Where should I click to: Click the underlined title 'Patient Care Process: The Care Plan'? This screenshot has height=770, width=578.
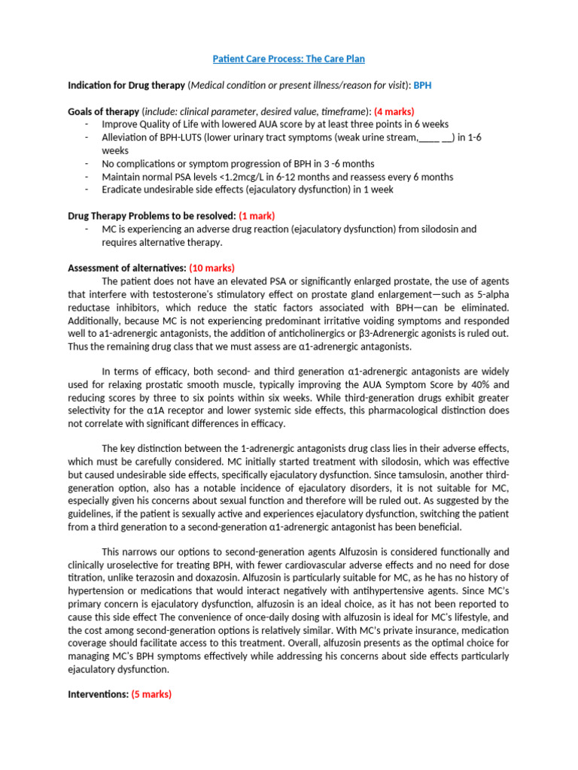tap(288, 59)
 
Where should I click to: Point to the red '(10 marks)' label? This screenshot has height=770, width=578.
tap(211, 268)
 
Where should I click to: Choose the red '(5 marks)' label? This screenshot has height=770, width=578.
tap(151, 695)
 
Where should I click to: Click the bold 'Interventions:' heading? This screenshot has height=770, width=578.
tap(98, 695)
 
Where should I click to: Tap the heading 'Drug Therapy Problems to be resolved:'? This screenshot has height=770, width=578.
tap(151, 216)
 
